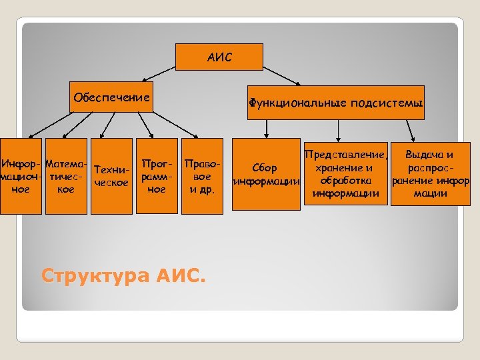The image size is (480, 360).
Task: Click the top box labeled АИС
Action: pos(219,57)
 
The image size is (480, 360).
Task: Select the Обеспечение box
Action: pos(111,98)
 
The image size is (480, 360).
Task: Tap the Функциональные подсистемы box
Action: pos(335,103)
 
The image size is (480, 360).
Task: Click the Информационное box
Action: pos(21,176)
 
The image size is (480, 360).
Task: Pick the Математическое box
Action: pos(66,176)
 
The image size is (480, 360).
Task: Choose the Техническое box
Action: pos(111,176)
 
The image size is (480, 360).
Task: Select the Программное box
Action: pos(157,176)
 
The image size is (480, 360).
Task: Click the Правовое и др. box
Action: pos(201,176)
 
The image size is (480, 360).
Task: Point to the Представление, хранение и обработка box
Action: pos(345,174)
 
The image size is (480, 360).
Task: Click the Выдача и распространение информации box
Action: pos(430,174)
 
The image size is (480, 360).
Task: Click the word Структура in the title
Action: pos(96,275)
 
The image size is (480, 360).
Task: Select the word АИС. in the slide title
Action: pos(182,275)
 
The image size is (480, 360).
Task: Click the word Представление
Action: pos(343,155)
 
